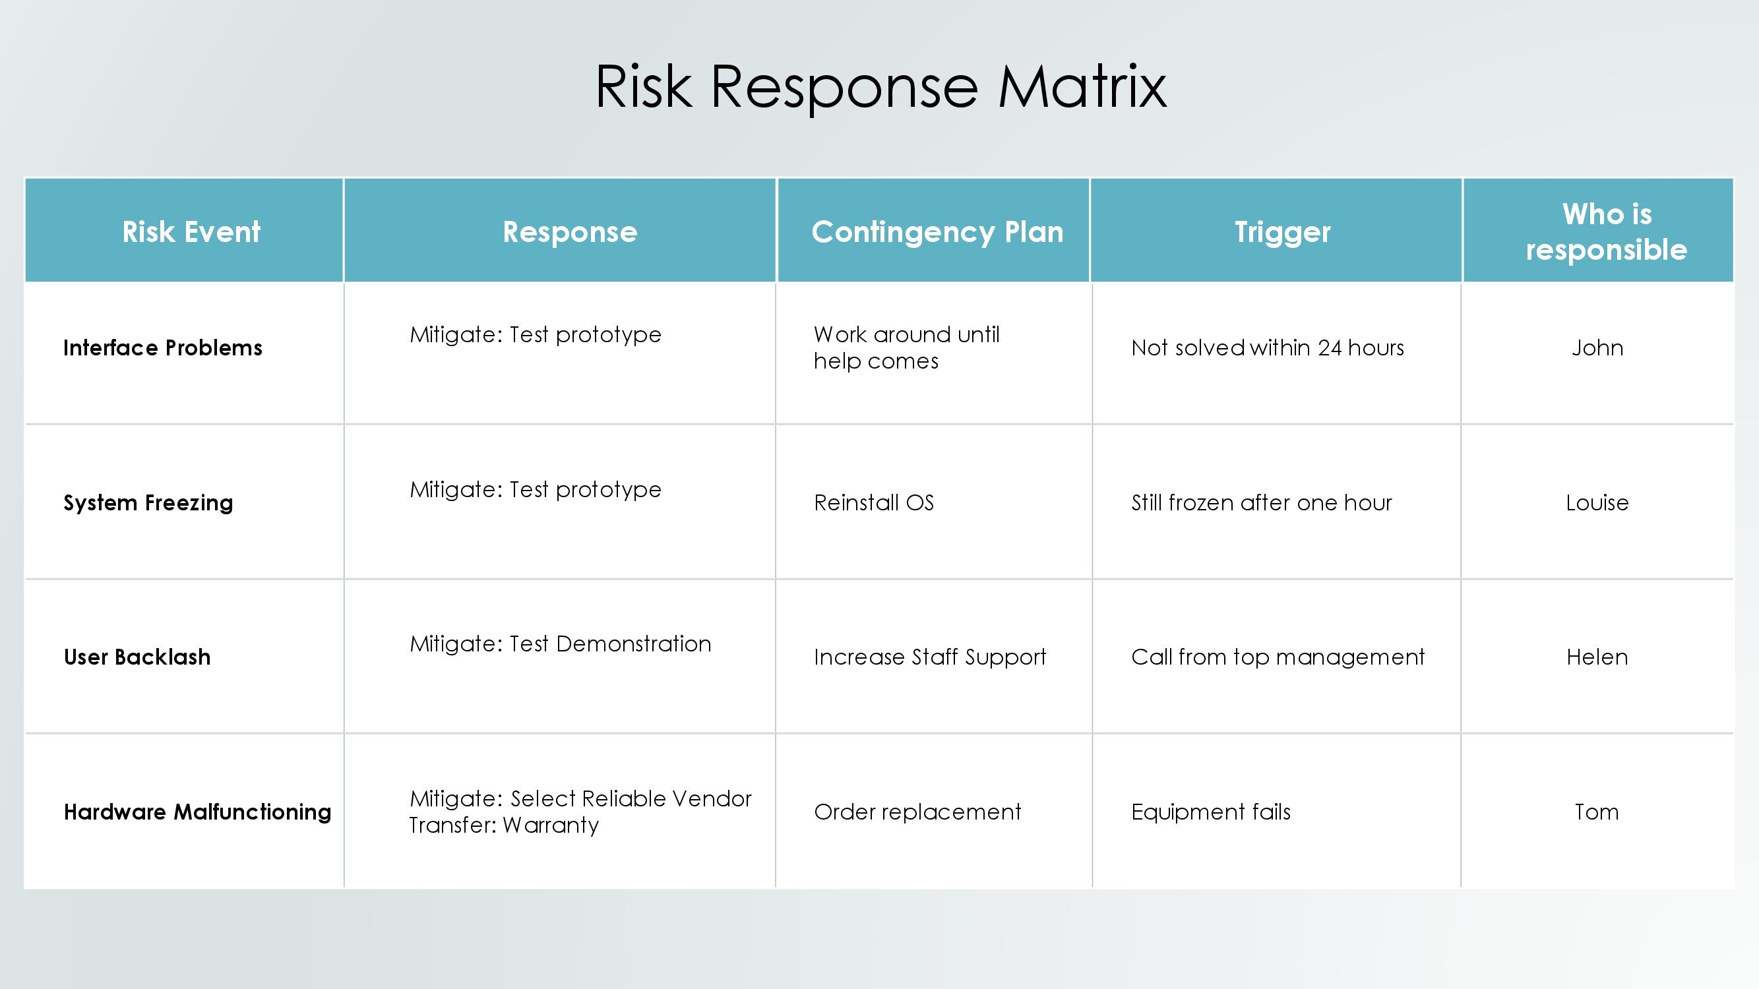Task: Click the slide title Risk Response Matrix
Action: click(881, 86)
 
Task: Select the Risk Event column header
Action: click(191, 232)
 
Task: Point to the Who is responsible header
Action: click(1607, 232)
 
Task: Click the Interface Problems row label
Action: click(162, 348)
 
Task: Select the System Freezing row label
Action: click(148, 503)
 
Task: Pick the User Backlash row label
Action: click(137, 657)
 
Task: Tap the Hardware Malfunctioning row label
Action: click(197, 812)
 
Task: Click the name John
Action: click(1597, 348)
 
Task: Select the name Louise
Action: click(1597, 503)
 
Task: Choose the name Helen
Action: click(1597, 657)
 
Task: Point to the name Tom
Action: click(1597, 812)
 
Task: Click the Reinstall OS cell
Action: click(874, 503)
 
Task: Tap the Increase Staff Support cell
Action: click(930, 657)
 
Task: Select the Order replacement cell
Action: click(917, 812)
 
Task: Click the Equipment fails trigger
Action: click(1211, 812)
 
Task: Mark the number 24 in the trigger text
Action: click(1330, 348)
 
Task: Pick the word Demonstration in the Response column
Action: click(634, 644)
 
